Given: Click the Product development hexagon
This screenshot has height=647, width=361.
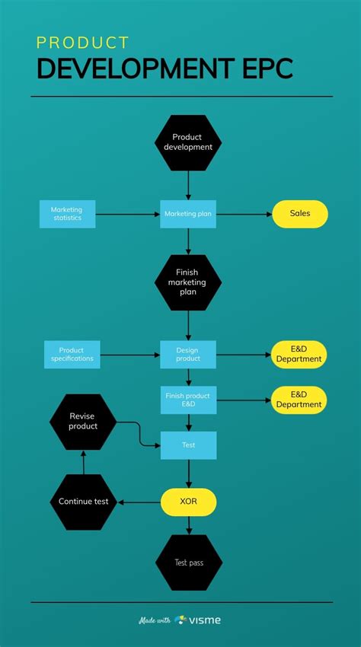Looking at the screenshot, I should click(188, 142).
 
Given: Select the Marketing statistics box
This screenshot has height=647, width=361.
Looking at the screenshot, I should click(67, 214).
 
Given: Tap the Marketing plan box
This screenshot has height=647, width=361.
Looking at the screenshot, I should click(188, 214).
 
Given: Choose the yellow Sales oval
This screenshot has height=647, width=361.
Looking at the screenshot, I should click(300, 214).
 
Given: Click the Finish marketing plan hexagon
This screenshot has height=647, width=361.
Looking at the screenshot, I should click(188, 282).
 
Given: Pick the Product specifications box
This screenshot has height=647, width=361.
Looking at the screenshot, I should click(72, 354).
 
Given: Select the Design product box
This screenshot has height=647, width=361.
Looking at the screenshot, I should click(188, 354).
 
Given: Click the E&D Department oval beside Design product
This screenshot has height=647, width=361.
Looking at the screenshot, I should click(299, 354).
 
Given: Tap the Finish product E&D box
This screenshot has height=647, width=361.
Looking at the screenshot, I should click(188, 400).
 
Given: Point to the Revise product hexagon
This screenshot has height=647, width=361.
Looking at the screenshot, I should click(83, 422).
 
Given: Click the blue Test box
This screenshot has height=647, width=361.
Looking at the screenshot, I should click(188, 445).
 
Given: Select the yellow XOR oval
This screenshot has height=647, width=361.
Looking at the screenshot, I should click(188, 502).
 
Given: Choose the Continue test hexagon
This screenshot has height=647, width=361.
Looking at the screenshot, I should click(83, 502).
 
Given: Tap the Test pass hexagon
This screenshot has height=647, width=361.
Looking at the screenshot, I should click(188, 563).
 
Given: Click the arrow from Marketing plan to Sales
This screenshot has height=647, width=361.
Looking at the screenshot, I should click(244, 215).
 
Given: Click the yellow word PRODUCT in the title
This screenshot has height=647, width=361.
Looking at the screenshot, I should click(83, 43).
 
